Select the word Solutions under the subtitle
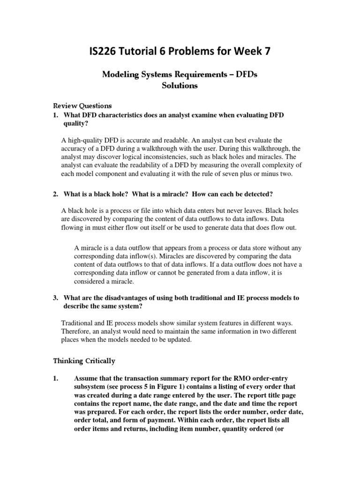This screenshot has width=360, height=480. tap(180, 86)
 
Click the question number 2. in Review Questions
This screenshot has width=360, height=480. tap(55, 194)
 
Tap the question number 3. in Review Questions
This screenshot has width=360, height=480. tap(55, 298)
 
